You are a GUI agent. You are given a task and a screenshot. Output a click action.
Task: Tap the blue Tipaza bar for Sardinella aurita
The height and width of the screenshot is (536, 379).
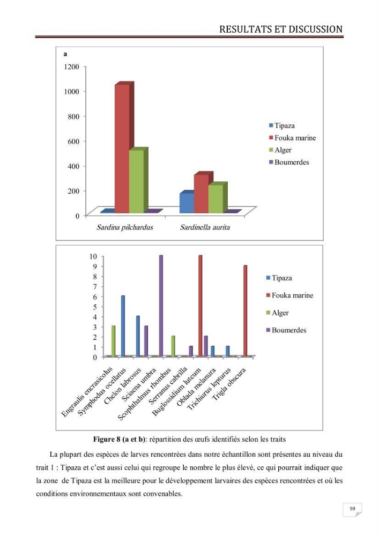(187, 203)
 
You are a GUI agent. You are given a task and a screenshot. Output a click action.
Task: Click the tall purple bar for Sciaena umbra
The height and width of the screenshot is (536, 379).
(161, 306)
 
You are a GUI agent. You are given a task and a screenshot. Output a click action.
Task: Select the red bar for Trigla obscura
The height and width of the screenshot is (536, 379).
(245, 311)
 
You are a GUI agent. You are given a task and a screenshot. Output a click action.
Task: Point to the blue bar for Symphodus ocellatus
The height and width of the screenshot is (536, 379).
(123, 326)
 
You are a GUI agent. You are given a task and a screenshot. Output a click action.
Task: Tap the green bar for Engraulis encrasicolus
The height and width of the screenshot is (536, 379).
(114, 341)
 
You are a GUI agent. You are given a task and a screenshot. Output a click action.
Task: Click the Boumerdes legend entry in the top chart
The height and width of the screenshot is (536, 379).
(289, 162)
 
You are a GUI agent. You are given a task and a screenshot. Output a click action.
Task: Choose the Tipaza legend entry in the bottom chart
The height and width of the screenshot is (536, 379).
(279, 278)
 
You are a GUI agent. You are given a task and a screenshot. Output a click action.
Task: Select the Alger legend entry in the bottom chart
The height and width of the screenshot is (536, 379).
(278, 313)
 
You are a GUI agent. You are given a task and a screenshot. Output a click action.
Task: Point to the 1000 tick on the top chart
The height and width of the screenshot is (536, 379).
(71, 91)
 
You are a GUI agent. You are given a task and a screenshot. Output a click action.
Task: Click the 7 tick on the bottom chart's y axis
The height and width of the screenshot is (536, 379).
(95, 286)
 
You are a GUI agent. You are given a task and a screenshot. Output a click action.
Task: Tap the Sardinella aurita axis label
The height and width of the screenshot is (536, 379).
(205, 227)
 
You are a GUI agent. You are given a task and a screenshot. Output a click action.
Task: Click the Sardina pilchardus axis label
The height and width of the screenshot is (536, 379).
(125, 227)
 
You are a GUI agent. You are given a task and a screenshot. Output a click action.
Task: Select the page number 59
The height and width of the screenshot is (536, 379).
(352, 509)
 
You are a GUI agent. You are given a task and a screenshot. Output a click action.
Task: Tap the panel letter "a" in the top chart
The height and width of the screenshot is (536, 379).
(65, 54)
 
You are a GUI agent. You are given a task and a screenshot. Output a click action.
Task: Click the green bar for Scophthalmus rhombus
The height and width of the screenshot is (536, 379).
(173, 346)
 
